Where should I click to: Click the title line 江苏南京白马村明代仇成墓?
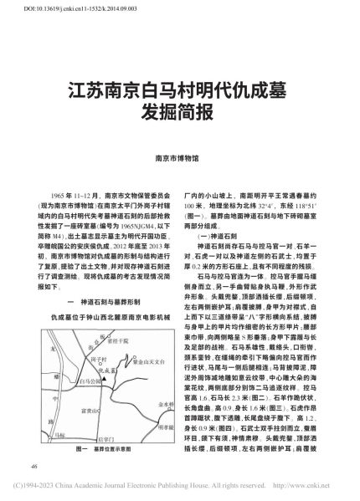coord(179,89)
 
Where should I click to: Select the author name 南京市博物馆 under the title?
coord(179,156)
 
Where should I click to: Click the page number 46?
coord(32,466)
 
